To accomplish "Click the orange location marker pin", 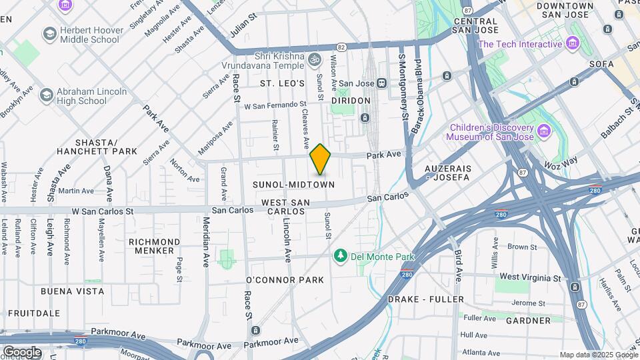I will (x=321, y=159).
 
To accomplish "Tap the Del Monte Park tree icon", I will (x=340, y=256).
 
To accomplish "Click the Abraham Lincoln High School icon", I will (x=46, y=95).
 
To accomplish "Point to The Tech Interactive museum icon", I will (x=573, y=44).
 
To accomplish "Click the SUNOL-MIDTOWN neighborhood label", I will (x=293, y=183).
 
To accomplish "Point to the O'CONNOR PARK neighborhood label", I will (x=285, y=279).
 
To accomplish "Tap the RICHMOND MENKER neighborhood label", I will (x=155, y=246).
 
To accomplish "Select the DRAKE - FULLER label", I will (x=425, y=299).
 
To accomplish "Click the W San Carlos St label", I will (x=103, y=211).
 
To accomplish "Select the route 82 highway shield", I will (x=341, y=47).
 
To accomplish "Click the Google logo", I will (x=21, y=351).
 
